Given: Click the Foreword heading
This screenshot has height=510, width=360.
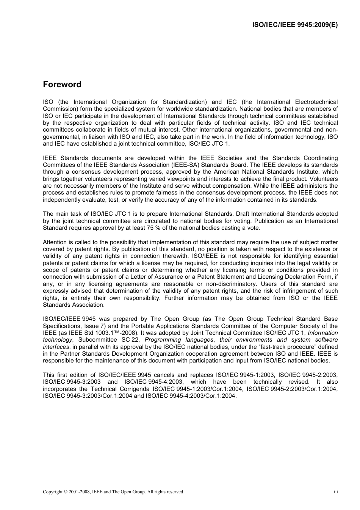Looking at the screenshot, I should pos(62,85).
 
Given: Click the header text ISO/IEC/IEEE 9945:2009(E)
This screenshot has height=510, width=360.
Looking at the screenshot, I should pos(295,25).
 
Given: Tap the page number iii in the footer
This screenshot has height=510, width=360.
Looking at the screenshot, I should pos(336,492).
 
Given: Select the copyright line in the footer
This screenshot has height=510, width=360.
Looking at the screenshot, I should pos(113,492).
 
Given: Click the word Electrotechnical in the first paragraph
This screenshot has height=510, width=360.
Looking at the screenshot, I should pos(316,102).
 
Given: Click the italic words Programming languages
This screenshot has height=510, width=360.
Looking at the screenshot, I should pos(179,340).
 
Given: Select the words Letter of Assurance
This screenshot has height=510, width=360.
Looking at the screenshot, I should pos(157,277).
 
